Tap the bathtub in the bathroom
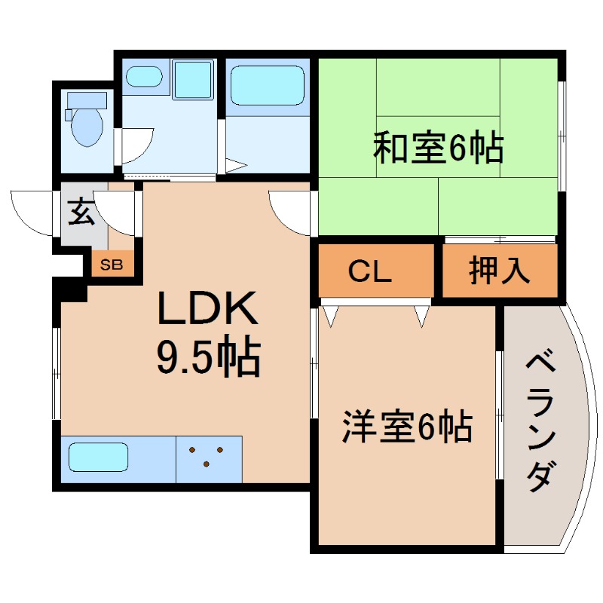tap(267, 85)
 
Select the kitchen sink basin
tap(98, 458)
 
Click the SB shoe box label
tap(112, 264)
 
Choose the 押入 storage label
tap(500, 271)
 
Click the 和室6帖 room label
tap(439, 148)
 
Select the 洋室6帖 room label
tap(407, 427)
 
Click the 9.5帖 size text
tap(208, 357)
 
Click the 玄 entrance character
tap(81, 212)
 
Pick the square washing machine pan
tap(194, 79)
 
